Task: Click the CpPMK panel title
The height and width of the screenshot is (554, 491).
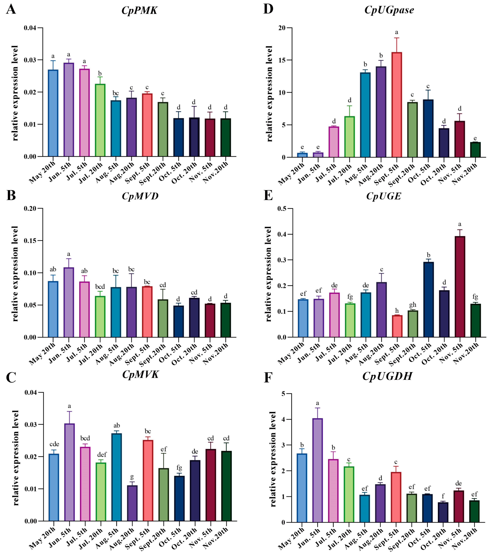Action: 139,10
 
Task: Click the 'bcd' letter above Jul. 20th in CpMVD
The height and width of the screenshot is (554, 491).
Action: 100,287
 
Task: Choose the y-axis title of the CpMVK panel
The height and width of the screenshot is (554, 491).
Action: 16,458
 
